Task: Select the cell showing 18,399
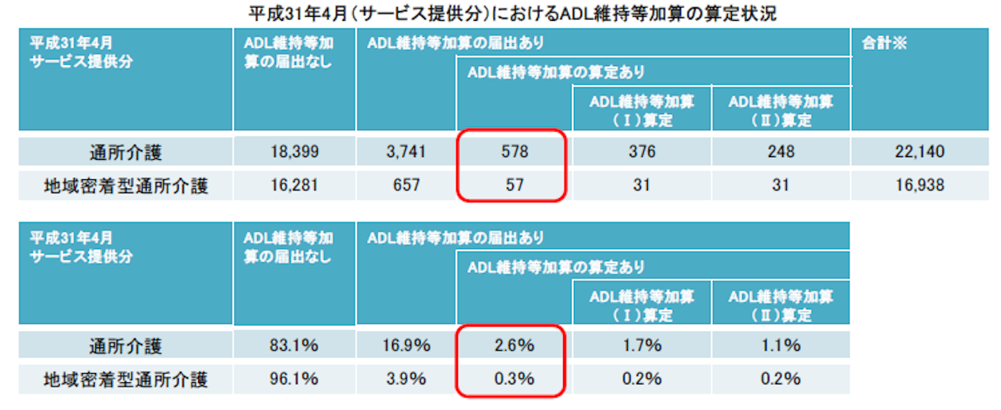(294, 151)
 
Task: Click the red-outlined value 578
(514, 151)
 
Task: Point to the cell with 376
(641, 151)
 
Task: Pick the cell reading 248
(780, 151)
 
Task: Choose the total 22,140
(919, 151)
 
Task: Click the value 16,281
(294, 186)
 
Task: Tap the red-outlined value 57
(514, 186)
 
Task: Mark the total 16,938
(919, 186)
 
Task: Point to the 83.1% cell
(294, 345)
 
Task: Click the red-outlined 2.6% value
(514, 345)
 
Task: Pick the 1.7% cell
(641, 345)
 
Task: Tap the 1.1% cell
(780, 345)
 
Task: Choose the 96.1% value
(294, 379)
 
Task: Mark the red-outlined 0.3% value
(514, 379)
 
